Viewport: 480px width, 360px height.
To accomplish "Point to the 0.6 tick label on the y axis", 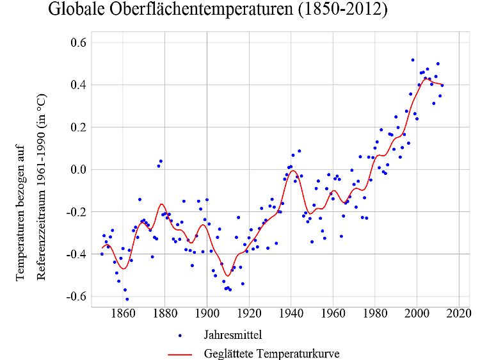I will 80,42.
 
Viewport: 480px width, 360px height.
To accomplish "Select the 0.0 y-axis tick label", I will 80,170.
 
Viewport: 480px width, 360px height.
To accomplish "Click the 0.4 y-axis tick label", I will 80,85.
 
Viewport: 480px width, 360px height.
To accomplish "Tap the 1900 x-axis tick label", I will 207,315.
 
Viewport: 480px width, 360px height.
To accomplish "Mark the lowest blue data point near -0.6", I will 127,299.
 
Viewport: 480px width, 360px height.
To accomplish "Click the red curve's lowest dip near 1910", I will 227,294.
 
